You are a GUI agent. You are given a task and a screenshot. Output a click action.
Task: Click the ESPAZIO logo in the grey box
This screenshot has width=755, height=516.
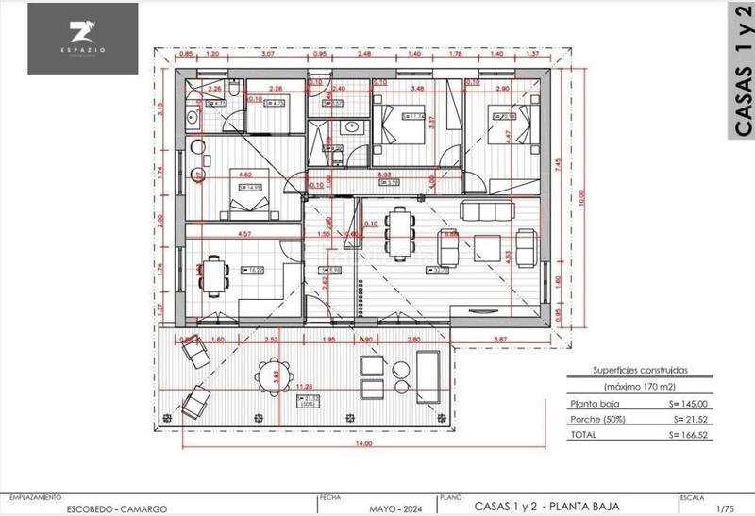coord(83,37)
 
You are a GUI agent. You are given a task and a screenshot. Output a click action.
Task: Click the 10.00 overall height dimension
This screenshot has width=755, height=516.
coord(582,196)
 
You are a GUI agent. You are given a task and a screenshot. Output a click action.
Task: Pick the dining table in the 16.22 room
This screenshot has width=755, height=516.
coord(215,274)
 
